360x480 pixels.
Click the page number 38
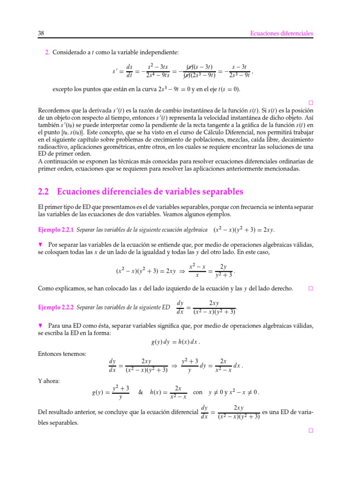click(x=40, y=33)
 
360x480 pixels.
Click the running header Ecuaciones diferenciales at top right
click(x=282, y=33)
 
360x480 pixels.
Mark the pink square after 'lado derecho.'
click(x=310, y=288)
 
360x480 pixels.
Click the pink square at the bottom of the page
click(x=310, y=430)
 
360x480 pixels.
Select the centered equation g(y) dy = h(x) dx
click(x=179, y=342)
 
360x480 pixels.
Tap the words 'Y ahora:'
click(x=48, y=381)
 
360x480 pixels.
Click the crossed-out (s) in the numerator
click(x=191, y=67)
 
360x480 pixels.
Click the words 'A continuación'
click(x=57, y=161)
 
